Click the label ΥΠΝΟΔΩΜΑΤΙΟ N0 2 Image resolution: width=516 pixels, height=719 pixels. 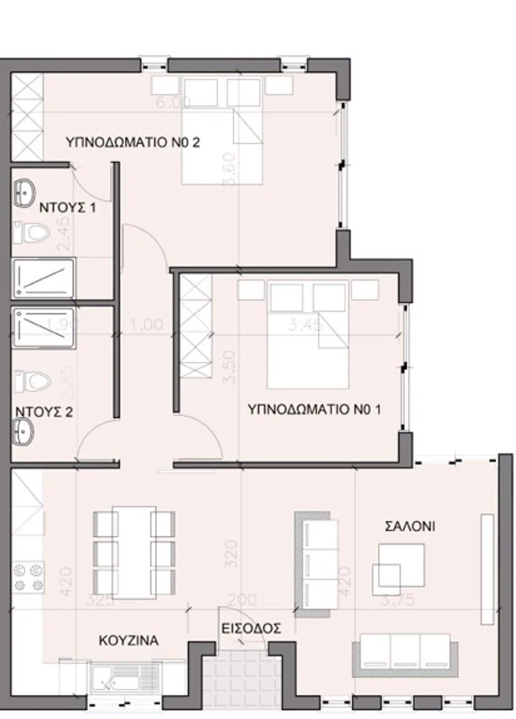[133, 143]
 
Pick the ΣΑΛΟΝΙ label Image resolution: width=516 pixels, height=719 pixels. [410, 526]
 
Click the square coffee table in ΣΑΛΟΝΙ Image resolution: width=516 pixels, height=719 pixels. [401, 560]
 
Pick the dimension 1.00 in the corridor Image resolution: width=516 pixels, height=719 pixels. [146, 325]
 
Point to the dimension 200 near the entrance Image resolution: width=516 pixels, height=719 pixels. [243, 600]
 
